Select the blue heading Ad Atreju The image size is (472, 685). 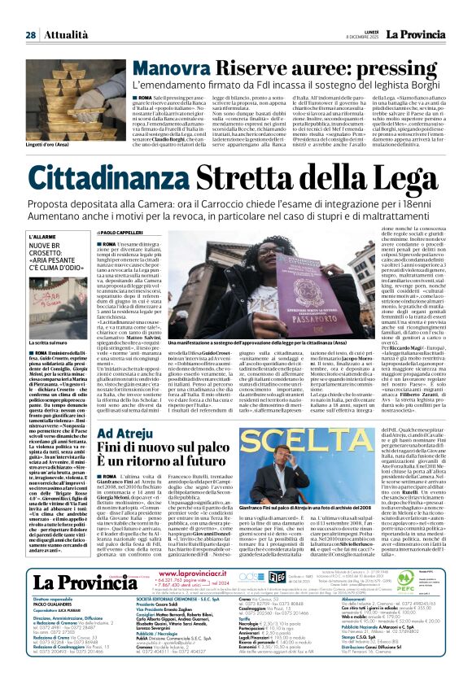point(130,433)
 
